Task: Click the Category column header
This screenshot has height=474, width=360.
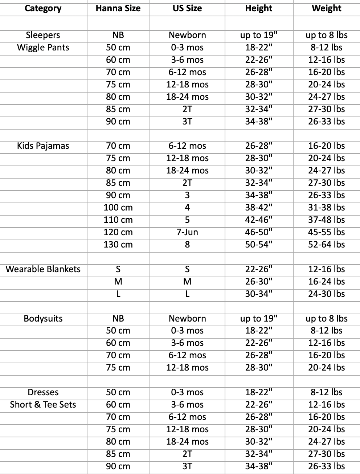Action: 43,8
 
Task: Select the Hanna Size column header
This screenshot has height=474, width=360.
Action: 118,8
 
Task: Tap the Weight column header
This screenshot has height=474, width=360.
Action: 326,8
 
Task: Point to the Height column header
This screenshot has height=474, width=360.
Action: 258,8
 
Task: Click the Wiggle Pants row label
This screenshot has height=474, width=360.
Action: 43,48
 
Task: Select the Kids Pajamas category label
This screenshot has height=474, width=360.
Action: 43,146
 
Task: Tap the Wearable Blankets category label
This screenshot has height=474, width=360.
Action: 43,269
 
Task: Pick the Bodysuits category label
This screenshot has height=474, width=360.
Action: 43,319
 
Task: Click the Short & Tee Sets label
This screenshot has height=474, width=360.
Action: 43,405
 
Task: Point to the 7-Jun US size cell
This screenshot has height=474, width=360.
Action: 187,232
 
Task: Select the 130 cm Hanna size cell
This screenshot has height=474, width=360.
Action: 118,245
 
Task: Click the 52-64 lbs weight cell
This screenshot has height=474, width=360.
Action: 326,245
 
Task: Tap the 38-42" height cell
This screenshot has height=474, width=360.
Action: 258,208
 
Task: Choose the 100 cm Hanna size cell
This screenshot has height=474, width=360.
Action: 118,208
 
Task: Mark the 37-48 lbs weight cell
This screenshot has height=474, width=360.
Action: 326,220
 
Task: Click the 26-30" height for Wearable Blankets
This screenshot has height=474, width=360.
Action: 258,282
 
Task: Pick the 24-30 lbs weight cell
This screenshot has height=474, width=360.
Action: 326,294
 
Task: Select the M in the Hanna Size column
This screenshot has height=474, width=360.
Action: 118,282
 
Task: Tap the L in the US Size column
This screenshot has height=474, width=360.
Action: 187,294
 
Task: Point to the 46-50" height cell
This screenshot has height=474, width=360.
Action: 258,232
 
